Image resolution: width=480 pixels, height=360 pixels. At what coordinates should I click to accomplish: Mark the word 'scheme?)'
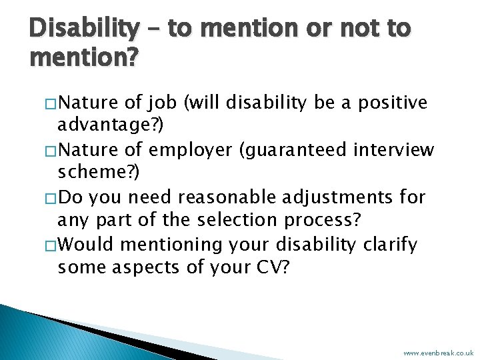click(99, 173)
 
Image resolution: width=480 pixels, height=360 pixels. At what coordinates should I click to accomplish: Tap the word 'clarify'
click(389, 245)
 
